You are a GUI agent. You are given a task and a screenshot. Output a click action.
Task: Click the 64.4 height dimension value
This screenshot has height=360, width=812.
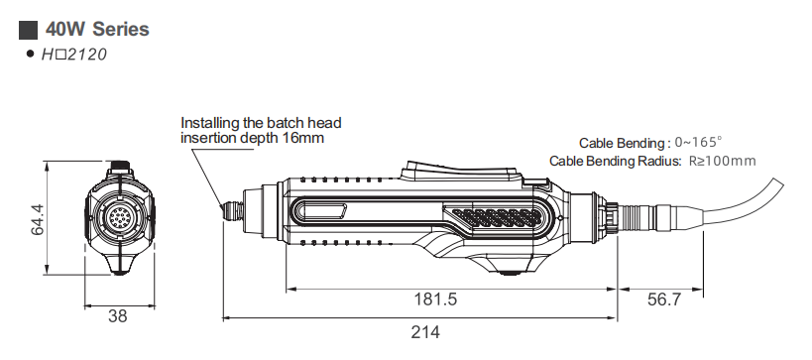point(38,219)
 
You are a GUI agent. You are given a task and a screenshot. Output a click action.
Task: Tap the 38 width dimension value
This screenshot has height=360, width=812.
point(118,316)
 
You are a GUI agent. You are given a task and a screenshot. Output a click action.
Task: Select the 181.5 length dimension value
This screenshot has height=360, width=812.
point(435,299)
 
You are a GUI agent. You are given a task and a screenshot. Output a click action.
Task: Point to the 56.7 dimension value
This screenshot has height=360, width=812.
point(664,299)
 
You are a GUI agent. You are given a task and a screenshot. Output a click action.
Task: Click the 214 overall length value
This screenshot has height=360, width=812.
point(425,332)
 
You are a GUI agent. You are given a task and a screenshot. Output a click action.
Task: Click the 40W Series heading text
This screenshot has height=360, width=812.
point(97,29)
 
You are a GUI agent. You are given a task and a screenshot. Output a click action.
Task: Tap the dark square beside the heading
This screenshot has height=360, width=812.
point(28,30)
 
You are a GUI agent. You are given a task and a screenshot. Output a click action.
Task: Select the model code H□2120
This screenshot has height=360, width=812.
point(74,55)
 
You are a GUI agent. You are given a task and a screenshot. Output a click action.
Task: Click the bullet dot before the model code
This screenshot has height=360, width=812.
point(30,54)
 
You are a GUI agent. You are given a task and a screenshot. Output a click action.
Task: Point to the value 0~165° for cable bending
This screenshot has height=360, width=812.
point(698,142)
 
